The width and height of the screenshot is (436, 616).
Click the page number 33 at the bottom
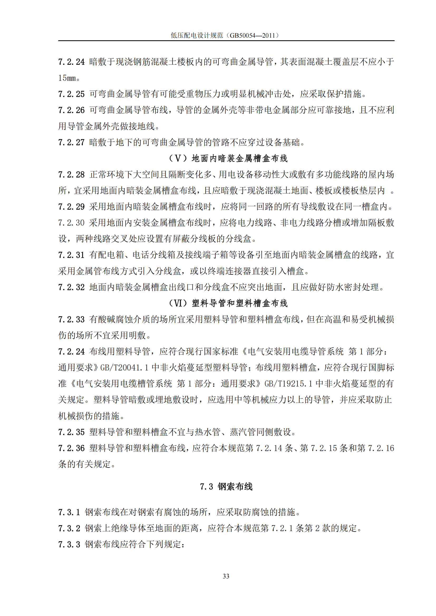click(226, 576)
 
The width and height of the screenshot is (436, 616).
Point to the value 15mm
click(67, 78)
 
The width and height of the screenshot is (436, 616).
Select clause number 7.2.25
click(71, 94)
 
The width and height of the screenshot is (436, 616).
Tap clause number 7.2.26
click(71, 110)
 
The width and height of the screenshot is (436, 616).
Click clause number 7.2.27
click(71, 142)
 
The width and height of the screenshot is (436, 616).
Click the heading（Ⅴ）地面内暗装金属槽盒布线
click(228, 159)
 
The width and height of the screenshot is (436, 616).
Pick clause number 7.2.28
click(71, 175)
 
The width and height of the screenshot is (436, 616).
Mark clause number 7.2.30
click(71, 223)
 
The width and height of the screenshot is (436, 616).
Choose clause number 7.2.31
click(71, 255)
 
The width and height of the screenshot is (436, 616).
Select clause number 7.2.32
click(71, 287)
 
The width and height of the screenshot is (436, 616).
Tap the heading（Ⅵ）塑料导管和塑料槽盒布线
click(228, 303)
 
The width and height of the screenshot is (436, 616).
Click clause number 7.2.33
click(71, 319)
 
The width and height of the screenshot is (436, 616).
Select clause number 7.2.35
click(71, 432)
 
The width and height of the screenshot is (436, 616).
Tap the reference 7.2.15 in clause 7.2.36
click(323, 448)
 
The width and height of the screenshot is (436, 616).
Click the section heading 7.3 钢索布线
click(226, 486)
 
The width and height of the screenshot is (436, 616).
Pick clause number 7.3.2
click(69, 528)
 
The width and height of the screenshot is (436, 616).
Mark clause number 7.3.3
click(69, 544)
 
